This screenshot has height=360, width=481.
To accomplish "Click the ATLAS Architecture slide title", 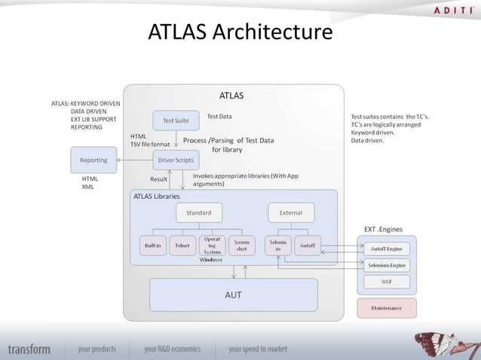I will click(x=240, y=34).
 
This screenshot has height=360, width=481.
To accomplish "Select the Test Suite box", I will click(x=176, y=120).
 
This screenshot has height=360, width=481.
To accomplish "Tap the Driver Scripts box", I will click(x=176, y=160).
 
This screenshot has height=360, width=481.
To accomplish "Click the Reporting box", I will click(x=93, y=160).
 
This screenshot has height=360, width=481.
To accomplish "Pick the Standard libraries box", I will click(x=199, y=212).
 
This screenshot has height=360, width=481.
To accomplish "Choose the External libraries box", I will click(x=290, y=212).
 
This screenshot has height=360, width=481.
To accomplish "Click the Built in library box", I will click(x=153, y=246).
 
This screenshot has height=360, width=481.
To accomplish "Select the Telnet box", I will click(x=182, y=246).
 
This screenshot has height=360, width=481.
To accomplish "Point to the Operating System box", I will click(x=212, y=246).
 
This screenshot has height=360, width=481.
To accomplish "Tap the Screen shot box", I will click(x=241, y=246).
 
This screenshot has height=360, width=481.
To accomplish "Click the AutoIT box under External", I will click(x=308, y=246).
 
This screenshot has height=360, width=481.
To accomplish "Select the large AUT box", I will click(x=234, y=294).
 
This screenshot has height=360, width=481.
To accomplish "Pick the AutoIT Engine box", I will click(x=386, y=248).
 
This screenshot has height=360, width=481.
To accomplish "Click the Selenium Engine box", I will click(x=386, y=265).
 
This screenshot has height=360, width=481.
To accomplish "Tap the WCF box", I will click(x=386, y=282).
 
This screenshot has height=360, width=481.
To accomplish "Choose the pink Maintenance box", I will click(x=386, y=308).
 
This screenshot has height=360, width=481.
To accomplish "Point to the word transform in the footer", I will click(x=29, y=349).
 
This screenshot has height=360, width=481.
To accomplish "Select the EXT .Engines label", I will click(x=382, y=228).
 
